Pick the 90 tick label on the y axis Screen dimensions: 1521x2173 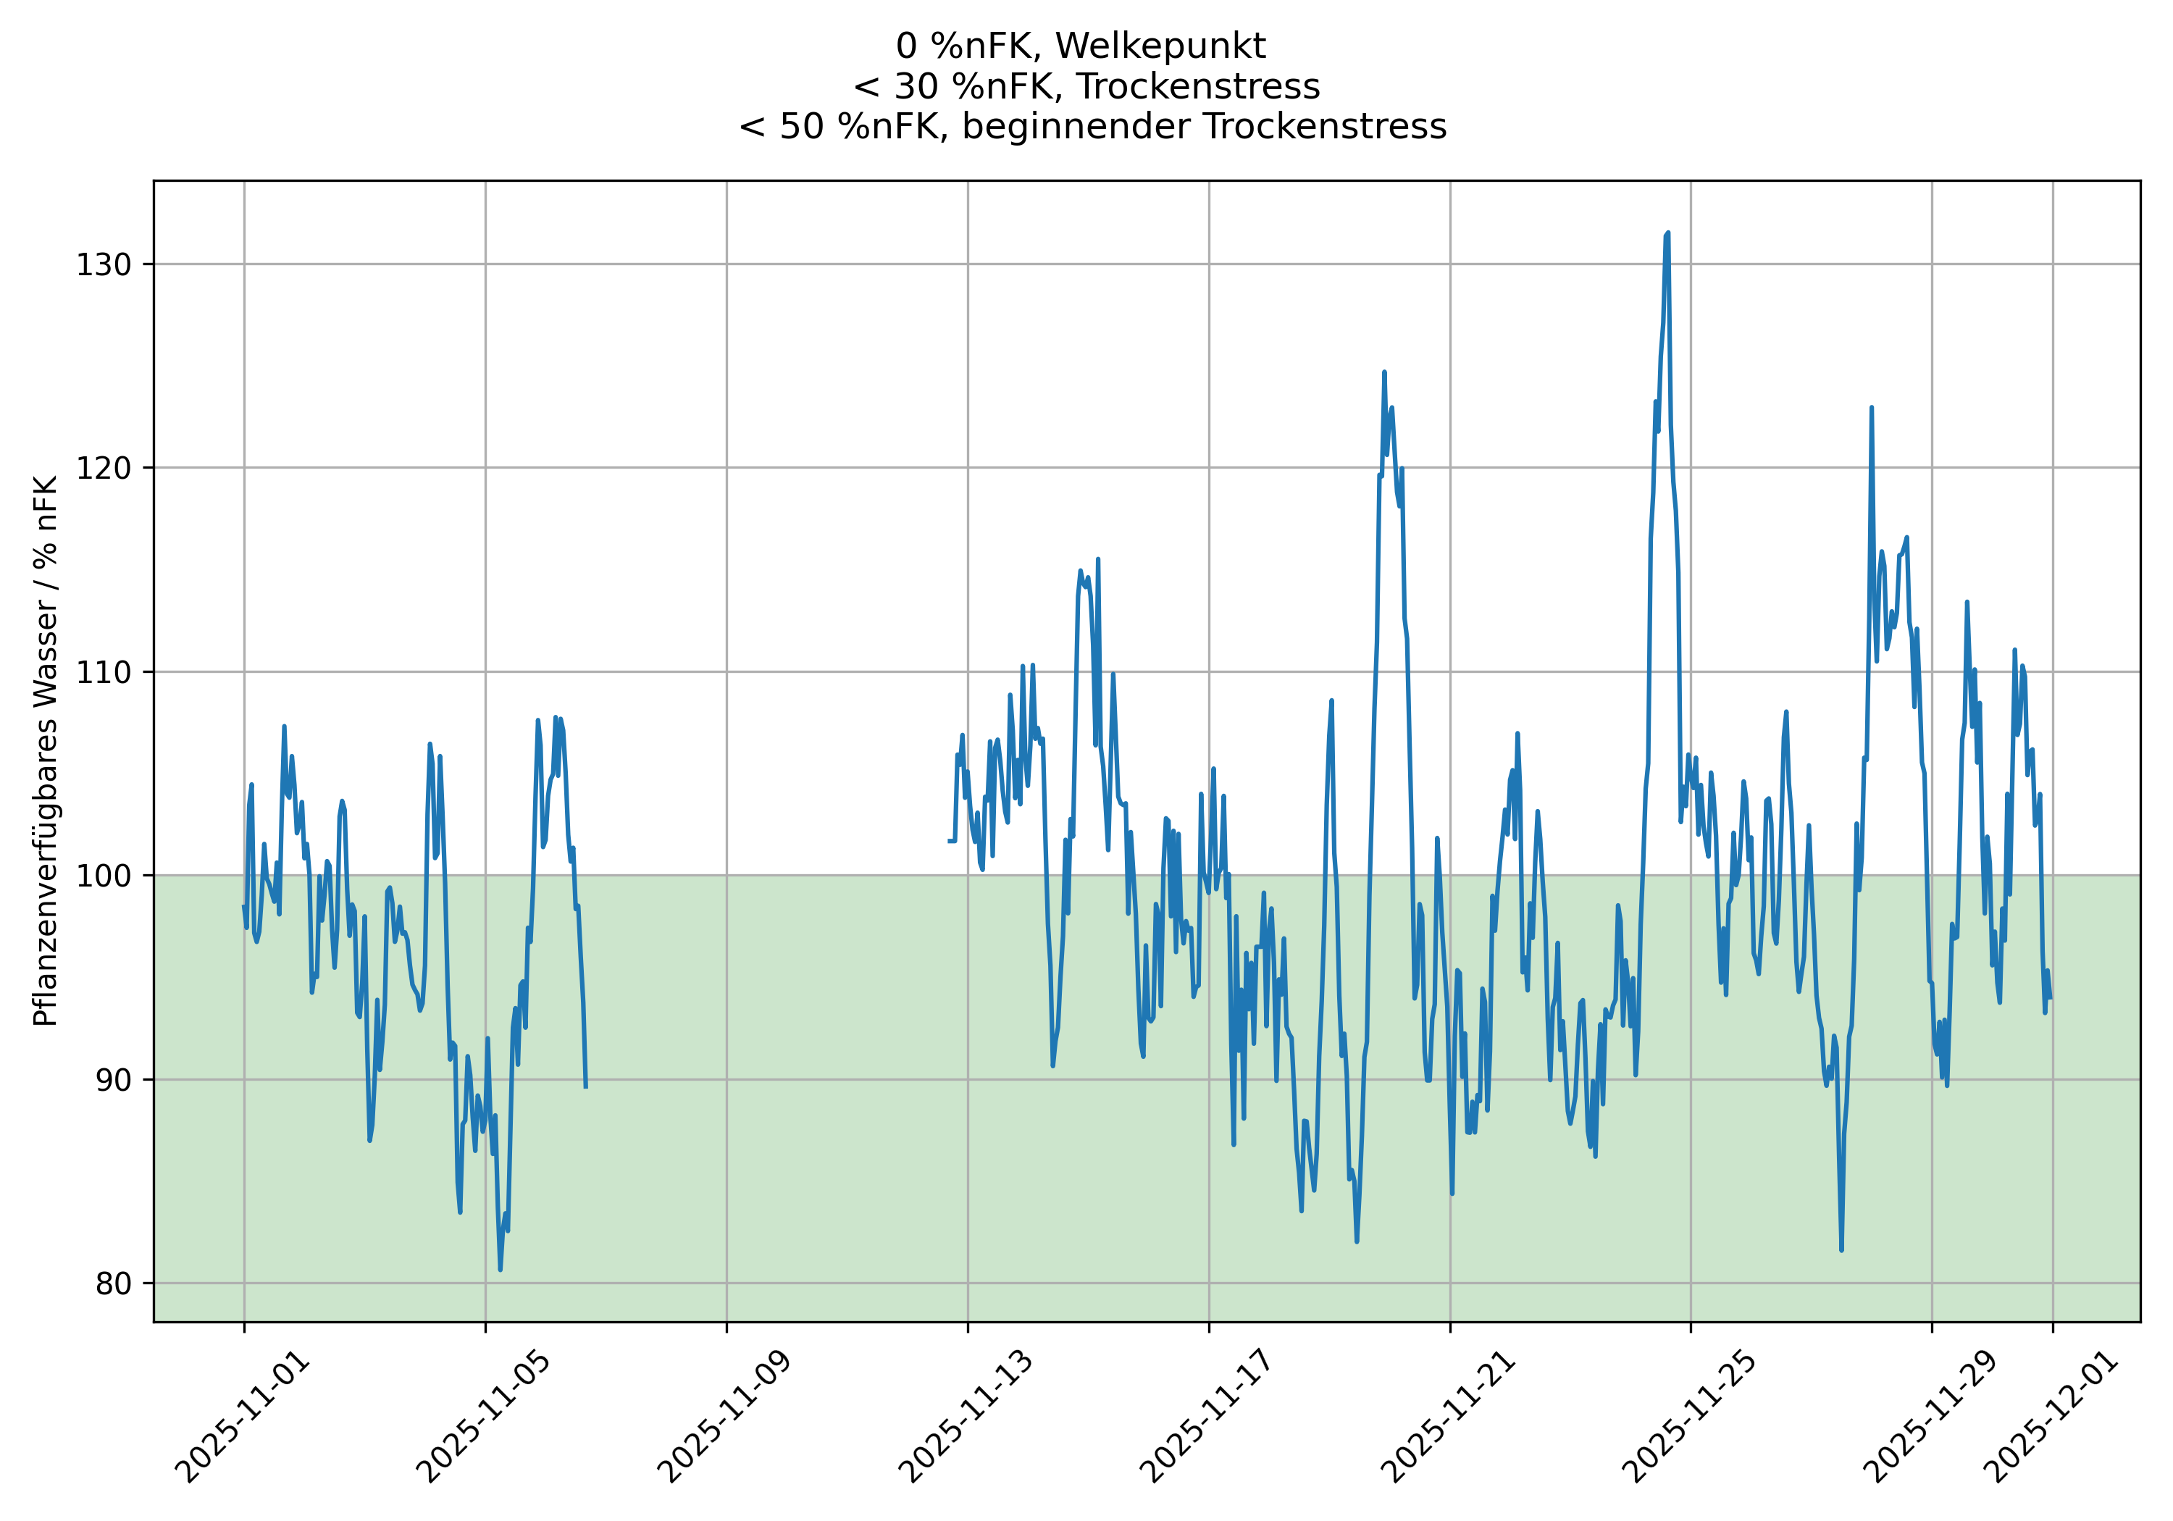[x=112, y=1080]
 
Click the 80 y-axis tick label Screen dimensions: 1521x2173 [x=112, y=1284]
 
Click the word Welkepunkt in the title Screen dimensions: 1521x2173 [x=1160, y=46]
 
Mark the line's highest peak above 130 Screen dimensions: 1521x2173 [x=1667, y=232]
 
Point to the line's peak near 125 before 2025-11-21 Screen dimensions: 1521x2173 [x=1383, y=373]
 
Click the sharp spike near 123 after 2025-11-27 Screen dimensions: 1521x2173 [x=1871, y=408]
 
